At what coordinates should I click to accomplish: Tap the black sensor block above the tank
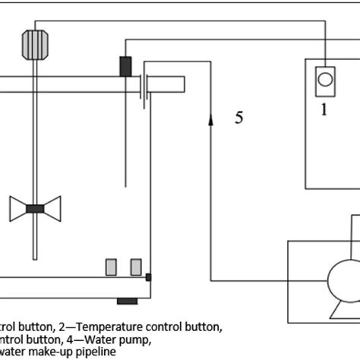point(125,66)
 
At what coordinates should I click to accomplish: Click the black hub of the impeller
point(36,208)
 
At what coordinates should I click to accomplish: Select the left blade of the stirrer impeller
point(18,207)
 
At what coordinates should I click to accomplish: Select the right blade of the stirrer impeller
point(52,207)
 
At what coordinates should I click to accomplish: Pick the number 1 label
point(324,109)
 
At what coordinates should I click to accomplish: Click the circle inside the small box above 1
point(325,77)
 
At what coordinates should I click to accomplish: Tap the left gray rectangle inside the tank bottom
point(110,267)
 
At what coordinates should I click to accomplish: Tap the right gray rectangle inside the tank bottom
point(135,267)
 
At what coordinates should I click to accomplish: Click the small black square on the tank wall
point(148,276)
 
